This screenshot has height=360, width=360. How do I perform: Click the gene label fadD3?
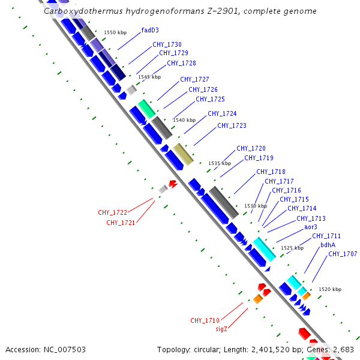150,29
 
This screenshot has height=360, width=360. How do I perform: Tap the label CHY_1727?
194,79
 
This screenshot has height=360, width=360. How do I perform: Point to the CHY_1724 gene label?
222,113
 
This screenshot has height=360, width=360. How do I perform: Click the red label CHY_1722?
113,212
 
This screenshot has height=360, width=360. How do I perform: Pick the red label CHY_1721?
121,223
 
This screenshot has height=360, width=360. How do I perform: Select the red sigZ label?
221,329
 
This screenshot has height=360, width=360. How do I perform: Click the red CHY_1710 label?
205,320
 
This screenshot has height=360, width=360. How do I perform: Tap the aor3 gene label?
311,227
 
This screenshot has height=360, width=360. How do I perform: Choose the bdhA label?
328,245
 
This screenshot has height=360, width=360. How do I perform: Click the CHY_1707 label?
343,254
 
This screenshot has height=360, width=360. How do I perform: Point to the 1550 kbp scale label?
115,32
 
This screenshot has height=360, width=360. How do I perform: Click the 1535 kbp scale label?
219,163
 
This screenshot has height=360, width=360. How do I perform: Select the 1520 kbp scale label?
330,289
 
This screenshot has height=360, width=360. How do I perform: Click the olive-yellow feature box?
183,154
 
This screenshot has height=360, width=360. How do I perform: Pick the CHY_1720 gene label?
251,148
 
